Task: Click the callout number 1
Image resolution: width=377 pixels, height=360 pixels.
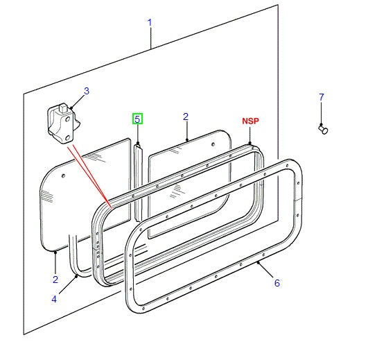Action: click(149, 22)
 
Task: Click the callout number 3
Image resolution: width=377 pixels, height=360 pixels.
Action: click(87, 91)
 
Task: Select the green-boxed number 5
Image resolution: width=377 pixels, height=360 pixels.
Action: click(137, 119)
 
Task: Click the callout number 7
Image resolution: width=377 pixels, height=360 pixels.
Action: click(321, 97)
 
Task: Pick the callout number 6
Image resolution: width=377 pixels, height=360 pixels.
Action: click(277, 282)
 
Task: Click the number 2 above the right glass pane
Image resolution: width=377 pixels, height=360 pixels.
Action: click(186, 117)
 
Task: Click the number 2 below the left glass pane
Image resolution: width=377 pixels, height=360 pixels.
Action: click(55, 279)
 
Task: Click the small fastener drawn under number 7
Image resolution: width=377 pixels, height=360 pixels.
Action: click(322, 128)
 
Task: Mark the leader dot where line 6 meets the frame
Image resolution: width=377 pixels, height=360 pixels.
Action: click(258, 264)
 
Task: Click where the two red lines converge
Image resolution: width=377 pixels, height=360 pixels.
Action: click(109, 205)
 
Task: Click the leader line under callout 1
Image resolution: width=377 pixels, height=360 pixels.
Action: click(150, 39)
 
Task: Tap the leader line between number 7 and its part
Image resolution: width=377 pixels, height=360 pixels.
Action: click(321, 112)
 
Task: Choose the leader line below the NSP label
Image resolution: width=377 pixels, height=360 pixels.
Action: click(251, 135)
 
